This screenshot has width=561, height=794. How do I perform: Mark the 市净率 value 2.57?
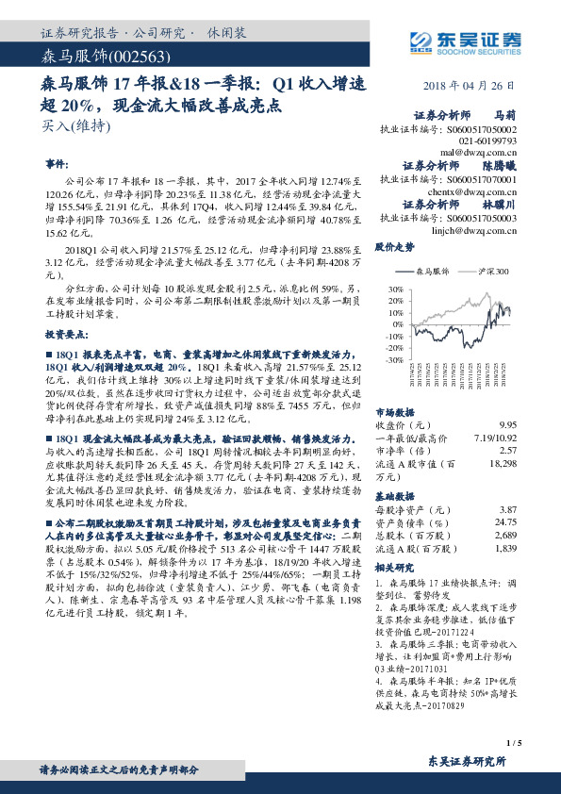point(508,450)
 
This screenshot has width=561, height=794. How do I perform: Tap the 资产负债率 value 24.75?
point(505,521)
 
